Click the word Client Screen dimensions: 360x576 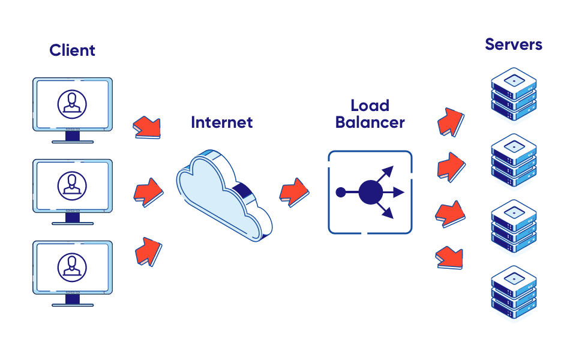72,50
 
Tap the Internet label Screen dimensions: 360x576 221,122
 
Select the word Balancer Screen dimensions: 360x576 370,123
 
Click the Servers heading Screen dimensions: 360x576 514,44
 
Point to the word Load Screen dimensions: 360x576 370,106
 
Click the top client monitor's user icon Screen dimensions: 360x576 72,103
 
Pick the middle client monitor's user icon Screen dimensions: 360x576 72,185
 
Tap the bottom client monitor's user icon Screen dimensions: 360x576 72,266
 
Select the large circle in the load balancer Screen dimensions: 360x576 370,193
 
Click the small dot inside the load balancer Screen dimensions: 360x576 340,193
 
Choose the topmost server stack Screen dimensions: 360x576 513,95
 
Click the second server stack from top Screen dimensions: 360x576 513,160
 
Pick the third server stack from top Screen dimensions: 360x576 513,227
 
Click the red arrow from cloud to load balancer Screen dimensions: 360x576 294,191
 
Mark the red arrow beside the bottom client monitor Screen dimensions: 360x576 148,251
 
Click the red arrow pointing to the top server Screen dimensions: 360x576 450,122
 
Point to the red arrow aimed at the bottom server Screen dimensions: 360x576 449,256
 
